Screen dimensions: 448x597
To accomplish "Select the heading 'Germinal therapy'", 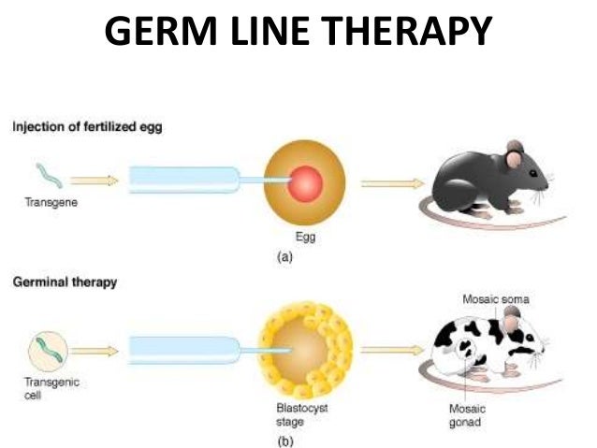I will (65, 283).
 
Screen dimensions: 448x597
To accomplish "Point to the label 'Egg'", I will (304, 237).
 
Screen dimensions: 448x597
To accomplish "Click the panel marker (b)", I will (304, 440).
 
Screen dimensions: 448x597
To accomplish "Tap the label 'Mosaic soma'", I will (496, 299).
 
